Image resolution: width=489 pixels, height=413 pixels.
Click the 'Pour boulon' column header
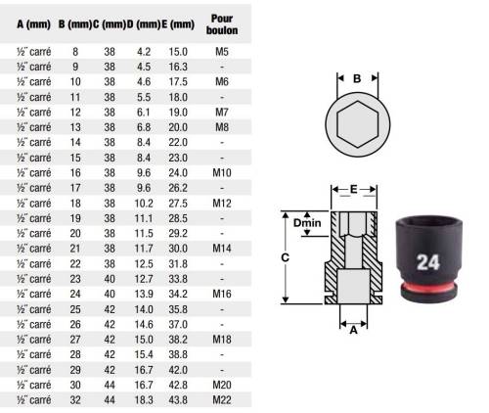point(222,24)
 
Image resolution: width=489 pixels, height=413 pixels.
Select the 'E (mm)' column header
point(178,24)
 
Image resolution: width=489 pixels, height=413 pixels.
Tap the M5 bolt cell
point(222,52)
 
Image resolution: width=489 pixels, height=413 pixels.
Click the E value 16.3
point(178,67)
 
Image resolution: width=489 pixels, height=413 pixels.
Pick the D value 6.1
point(144,113)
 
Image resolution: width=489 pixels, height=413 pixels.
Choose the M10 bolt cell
point(222,172)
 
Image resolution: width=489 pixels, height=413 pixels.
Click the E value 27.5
point(178,204)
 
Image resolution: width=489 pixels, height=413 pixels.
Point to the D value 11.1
point(144,218)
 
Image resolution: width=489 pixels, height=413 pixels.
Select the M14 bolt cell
point(222,249)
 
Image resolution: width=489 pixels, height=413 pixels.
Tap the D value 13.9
point(144,294)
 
